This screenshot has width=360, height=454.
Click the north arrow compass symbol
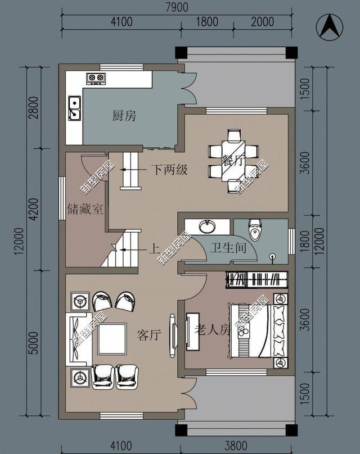pyautogui.click(x=330, y=27)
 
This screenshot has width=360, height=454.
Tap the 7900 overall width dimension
pyautogui.click(x=177, y=7)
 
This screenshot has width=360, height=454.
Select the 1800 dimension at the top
pyautogui.click(x=207, y=22)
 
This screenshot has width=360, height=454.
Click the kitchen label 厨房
pyautogui.click(x=124, y=116)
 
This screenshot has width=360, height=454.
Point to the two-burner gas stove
pyautogui.click(x=96, y=78)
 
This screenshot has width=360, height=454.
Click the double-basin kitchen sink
pyautogui.click(x=74, y=108)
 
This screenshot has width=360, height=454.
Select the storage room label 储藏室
pyautogui.click(x=85, y=209)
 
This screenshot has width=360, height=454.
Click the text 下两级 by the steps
pyautogui.click(x=169, y=170)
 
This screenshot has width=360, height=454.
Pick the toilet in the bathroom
pyautogui.click(x=255, y=230)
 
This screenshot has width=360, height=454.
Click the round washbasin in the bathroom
pyautogui.click(x=207, y=226)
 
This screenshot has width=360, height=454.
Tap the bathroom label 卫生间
pyautogui.click(x=229, y=248)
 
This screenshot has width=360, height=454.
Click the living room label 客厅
pyautogui.click(x=149, y=335)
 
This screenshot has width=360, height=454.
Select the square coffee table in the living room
pyautogui.click(x=112, y=339)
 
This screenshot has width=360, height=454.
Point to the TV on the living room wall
pyautogui.click(x=173, y=335)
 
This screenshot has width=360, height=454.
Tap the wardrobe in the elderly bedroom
pyautogui.click(x=257, y=280)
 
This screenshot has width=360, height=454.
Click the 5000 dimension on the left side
pyautogui.click(x=34, y=343)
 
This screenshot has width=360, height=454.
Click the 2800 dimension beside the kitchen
pyautogui.click(x=34, y=108)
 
